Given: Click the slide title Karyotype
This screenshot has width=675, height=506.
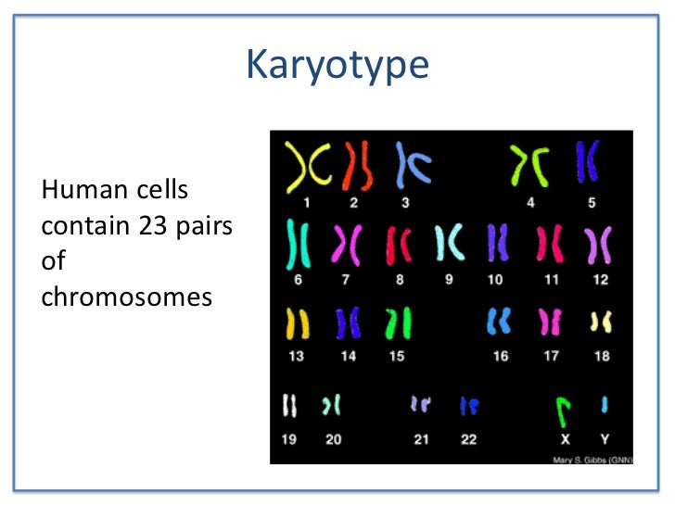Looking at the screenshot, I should click(337, 66).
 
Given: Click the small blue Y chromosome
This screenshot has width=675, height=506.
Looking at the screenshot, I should click(605, 404).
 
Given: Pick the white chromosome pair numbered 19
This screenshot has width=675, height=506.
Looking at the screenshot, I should click(290, 405).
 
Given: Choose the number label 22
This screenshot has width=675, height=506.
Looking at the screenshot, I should click(469, 439).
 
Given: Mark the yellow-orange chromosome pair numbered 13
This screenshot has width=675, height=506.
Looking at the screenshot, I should click(297, 323).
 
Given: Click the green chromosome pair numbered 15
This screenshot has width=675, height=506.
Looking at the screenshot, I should click(398, 323).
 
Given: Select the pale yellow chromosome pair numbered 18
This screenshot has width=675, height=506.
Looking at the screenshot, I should click(601, 323).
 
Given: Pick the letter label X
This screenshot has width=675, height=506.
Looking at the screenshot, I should click(564, 439).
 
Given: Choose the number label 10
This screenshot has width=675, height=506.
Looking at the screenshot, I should click(496, 279).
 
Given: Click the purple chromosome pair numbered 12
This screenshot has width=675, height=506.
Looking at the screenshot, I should click(598, 246).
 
